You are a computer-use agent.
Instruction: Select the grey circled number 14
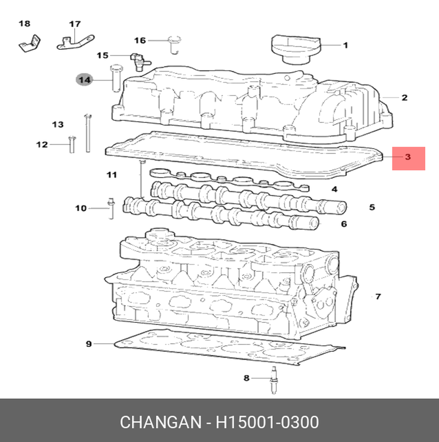pos(84,80)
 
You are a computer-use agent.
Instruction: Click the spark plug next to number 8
pos(273,380)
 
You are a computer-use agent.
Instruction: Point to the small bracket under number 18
pos(29,44)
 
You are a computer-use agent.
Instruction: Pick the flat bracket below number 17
pos(75,43)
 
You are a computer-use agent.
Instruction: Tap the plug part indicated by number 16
pos(174,44)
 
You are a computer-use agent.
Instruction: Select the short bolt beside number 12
pos(72,144)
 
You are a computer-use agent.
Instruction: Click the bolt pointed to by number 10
pos(111,208)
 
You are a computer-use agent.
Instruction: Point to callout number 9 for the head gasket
pos(89,344)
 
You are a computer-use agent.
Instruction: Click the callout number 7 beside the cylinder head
pos(378,296)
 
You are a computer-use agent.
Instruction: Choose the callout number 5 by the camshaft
pos(372,207)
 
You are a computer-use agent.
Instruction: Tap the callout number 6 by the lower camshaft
pos(344,224)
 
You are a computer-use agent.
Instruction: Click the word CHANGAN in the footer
pos(161,422)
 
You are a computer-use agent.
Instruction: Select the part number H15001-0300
pos(267,422)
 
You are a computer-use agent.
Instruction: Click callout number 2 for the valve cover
pos(404,98)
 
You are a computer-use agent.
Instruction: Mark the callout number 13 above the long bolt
pos(58,124)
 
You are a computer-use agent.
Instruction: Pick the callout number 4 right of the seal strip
pos(335,189)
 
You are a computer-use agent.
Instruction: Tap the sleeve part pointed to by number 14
pos(115,78)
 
